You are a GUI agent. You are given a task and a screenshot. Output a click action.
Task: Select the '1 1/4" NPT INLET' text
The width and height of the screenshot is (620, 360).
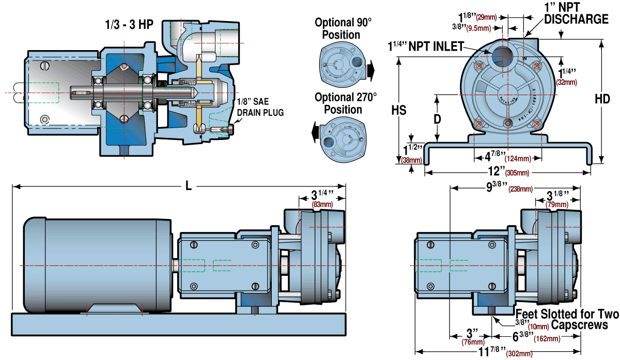pos(426,46)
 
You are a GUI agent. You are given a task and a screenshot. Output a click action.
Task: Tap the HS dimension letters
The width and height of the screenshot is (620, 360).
pos(398,111)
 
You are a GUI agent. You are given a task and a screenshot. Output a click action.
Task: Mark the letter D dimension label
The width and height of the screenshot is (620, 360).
pos(437,118)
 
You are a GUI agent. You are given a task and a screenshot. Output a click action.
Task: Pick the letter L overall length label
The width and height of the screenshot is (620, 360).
pos(189,186)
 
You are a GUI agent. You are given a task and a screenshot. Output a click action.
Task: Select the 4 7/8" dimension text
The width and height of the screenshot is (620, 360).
pos(495,155)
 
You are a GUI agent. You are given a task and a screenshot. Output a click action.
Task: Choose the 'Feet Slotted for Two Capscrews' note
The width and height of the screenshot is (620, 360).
pos(567,319)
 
